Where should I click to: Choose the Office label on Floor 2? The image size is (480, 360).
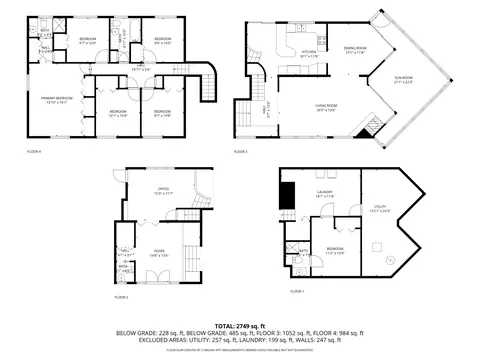(x=163, y=190)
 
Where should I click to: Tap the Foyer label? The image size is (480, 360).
(x=159, y=254)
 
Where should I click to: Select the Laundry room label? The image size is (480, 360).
(x=325, y=193)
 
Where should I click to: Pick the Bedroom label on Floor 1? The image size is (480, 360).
(x=334, y=250)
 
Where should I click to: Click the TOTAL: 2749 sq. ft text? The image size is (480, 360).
(x=240, y=326)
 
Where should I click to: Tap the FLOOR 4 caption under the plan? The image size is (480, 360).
(x=34, y=151)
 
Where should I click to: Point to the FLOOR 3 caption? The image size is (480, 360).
(x=241, y=151)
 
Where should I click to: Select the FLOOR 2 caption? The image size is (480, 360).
(x=121, y=297)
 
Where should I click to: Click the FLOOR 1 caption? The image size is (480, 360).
(x=296, y=291)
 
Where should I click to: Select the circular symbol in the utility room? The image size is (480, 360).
(x=390, y=260)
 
